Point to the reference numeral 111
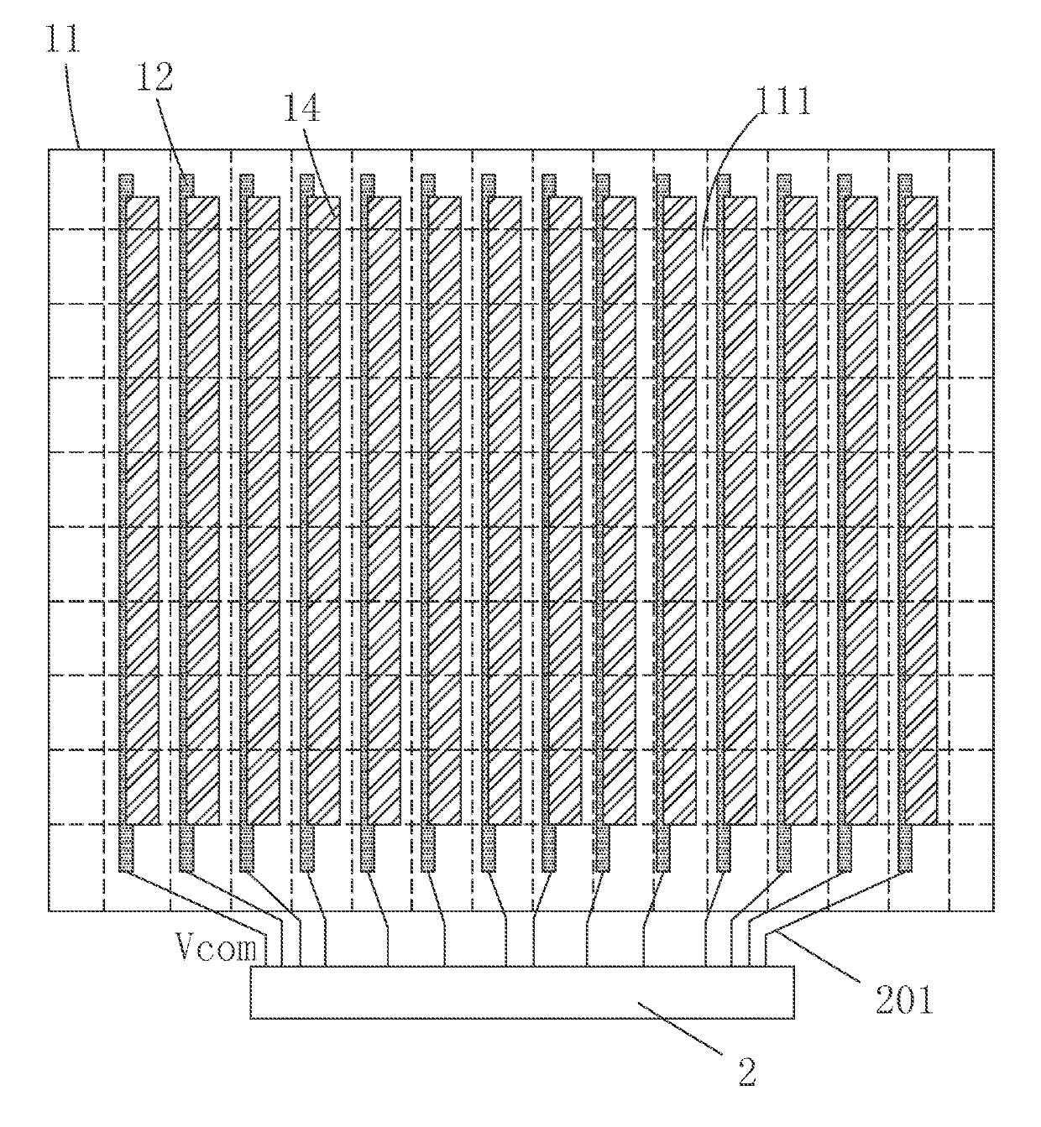(781, 102)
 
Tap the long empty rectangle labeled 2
(521, 992)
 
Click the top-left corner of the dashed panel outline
(50, 150)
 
